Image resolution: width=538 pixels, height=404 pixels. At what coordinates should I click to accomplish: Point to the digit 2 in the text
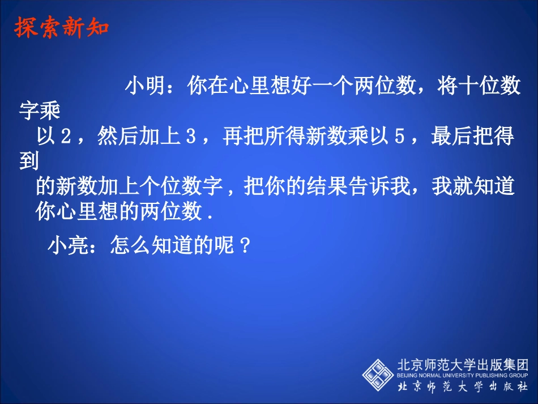(x=66, y=138)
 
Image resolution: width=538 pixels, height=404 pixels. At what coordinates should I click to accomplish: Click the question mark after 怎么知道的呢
(x=245, y=246)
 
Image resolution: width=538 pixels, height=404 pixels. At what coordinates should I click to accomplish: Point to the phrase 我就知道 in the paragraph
(x=473, y=188)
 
